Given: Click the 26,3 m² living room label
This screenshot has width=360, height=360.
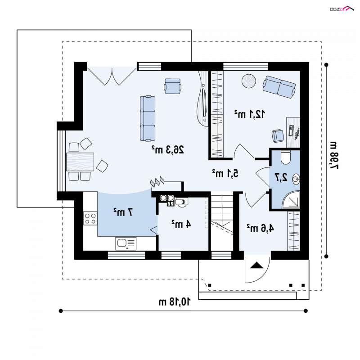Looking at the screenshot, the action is (168, 150).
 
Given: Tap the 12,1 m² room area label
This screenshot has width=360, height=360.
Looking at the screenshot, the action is (250, 114).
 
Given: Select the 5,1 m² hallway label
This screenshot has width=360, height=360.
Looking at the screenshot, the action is (225, 173).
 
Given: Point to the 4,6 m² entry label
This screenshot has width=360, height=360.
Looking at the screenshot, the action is (261, 228).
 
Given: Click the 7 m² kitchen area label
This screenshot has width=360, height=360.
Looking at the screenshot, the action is (123, 211).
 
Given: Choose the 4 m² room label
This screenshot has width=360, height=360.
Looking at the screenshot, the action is (181, 224).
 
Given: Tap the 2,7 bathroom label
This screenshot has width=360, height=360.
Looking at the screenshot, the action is (281, 177).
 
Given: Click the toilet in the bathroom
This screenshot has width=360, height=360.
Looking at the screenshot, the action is (285, 157).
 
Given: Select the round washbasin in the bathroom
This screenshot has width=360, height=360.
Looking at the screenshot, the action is (296, 179).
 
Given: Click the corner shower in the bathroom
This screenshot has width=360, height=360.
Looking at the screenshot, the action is (291, 199).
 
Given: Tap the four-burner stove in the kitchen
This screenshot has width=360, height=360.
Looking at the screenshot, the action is (90, 218).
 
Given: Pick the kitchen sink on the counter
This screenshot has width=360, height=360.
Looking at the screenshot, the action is (126, 243).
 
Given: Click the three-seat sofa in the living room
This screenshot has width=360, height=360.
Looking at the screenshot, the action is (148, 118).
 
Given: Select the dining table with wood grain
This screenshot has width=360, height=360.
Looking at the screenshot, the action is (80, 162).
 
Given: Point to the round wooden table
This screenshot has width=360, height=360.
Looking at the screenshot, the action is (249, 81).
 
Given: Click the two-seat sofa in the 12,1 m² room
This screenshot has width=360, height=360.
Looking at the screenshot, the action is (279, 87).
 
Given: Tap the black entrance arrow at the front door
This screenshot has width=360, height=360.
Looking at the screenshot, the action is (256, 265).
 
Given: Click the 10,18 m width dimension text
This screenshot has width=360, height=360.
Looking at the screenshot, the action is (175, 301).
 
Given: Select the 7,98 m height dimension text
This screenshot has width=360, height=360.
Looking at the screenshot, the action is (333, 156).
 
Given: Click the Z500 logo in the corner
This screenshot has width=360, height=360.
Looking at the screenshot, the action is (342, 9).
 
